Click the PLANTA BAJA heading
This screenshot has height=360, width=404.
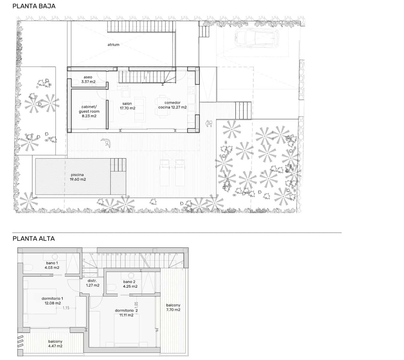pos(34,6)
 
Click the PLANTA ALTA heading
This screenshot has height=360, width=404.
pos(34,239)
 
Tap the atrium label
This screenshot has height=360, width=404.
pos(113,45)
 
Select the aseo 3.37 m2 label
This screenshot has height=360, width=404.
pos(88,79)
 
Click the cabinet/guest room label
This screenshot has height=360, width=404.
pos(89,111)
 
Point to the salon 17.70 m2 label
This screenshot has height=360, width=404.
pos(127,106)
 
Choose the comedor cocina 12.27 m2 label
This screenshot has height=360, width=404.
pos(173,105)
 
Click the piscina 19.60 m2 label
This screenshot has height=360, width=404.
pos(77,177)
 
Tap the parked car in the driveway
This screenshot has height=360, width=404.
pos(257,38)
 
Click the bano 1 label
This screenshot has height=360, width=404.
pos(52,265)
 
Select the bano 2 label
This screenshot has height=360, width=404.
pos(130,284)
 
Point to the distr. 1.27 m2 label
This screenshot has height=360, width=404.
pos(92,283)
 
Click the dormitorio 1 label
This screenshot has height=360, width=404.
pos(52,301)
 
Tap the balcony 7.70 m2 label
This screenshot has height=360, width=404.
pos(173,307)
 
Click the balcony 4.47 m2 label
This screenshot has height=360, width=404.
pos(55,343)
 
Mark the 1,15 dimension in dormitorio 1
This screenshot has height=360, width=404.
pos(66,308)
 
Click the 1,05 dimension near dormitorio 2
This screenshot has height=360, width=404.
pos(137,306)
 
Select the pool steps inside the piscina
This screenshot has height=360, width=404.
pos(118,165)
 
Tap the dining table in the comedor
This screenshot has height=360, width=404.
pos(162,105)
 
